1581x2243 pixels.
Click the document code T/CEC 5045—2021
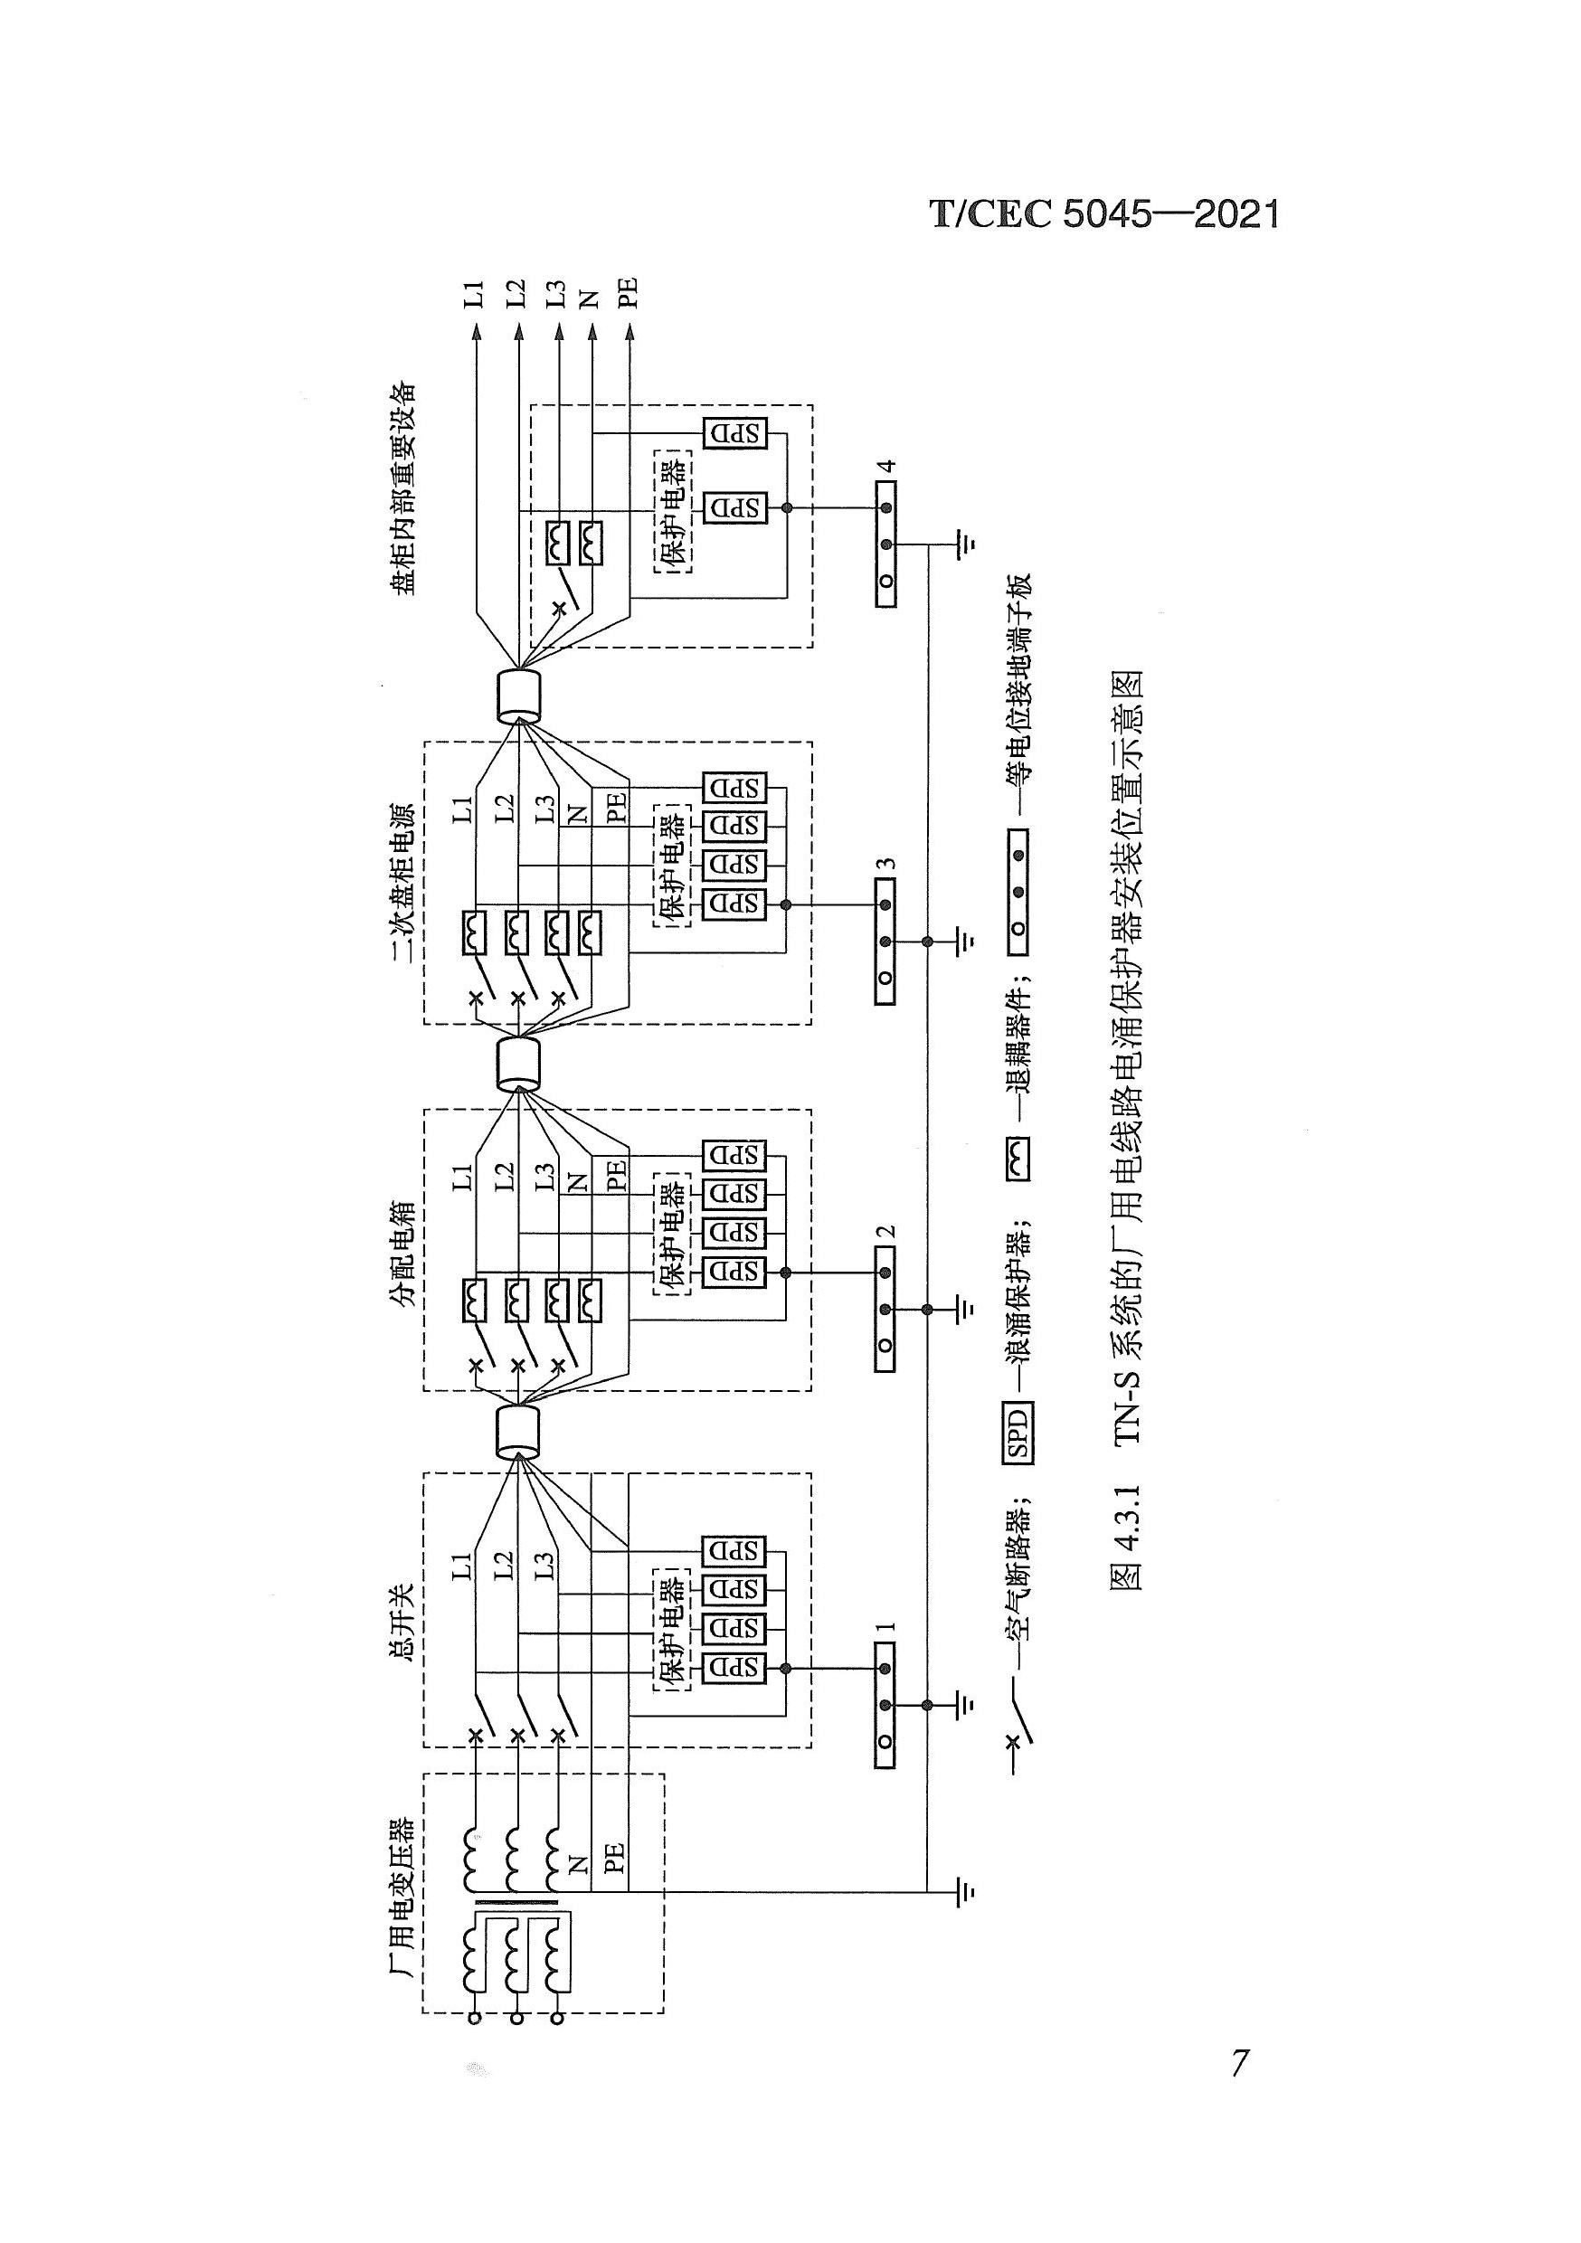[x=1104, y=214]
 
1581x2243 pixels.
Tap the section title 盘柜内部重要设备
[x=402, y=488]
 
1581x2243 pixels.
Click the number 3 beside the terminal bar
[x=885, y=865]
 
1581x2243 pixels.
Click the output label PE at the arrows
[x=629, y=293]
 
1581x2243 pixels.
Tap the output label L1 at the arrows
[x=474, y=293]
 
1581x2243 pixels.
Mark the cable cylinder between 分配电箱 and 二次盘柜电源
[x=518, y=1064]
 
